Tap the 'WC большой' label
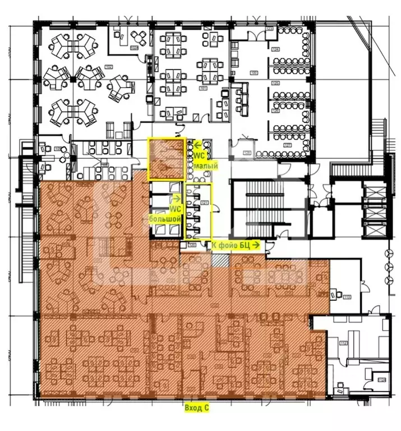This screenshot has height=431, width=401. [x=165, y=211]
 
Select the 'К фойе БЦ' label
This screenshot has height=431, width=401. [x=231, y=245]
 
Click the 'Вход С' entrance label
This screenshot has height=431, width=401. [x=196, y=409]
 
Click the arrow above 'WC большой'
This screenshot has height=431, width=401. [x=177, y=198]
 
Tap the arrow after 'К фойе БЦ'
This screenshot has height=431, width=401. [x=256, y=245]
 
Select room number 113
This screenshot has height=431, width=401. [x=347, y=297]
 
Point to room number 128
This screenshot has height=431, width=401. [x=246, y=153]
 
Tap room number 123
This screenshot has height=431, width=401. [x=269, y=28]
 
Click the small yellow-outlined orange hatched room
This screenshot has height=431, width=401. [x=166, y=159]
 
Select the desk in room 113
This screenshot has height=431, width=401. [x=337, y=292]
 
